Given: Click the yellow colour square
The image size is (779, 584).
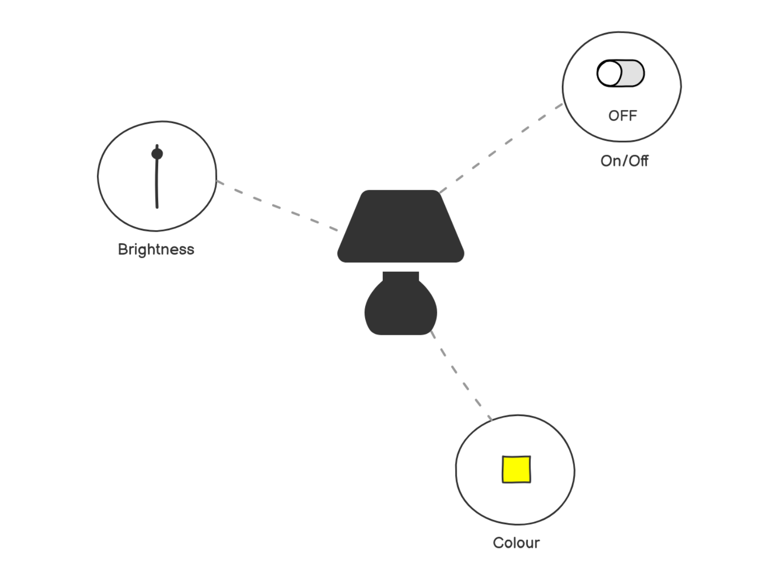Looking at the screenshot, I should (x=516, y=470).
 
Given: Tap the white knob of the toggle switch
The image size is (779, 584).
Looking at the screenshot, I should (x=609, y=73).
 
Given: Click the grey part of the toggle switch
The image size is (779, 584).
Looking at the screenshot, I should (x=633, y=73).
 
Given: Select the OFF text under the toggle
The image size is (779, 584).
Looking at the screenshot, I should (x=623, y=116).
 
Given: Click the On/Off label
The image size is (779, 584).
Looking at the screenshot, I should (x=624, y=161).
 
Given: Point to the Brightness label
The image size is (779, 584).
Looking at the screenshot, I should (x=156, y=249).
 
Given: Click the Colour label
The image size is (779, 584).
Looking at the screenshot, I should (x=516, y=543).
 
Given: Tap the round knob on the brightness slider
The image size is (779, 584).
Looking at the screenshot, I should (x=157, y=154).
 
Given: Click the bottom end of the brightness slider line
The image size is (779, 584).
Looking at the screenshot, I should (x=157, y=206).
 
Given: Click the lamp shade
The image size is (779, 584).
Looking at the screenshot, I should (x=400, y=226).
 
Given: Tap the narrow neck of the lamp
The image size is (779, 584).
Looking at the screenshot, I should (x=400, y=276).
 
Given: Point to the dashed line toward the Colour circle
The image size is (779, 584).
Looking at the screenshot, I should (x=460, y=377).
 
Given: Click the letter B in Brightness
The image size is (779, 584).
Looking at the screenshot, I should (x=122, y=249).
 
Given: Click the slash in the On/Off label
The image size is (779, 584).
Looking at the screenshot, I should (x=625, y=161).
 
